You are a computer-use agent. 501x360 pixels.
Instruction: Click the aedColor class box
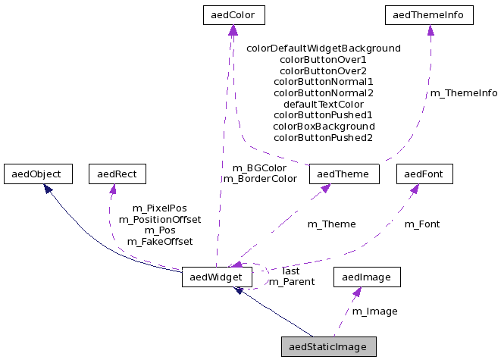[x=233, y=14]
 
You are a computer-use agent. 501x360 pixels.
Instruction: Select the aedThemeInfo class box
[x=429, y=14]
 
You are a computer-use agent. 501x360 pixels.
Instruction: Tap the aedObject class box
[x=37, y=174]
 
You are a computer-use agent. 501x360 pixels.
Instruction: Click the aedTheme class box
[x=343, y=174]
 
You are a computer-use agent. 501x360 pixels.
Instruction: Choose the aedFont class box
[x=424, y=174]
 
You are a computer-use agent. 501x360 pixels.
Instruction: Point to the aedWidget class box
[x=217, y=277]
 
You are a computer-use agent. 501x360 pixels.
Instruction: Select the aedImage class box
[x=366, y=277]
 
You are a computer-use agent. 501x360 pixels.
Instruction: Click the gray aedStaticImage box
[x=328, y=346]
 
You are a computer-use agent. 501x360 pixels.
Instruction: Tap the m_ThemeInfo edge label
[x=464, y=93]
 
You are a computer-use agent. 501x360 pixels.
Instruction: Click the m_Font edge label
[x=421, y=224]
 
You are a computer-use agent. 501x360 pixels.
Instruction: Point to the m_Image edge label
[x=374, y=311]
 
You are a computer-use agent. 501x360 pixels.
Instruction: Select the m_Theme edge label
[x=331, y=224]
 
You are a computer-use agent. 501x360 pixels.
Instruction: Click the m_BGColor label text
[x=259, y=167]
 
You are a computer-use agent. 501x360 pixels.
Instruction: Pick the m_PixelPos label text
[x=159, y=208]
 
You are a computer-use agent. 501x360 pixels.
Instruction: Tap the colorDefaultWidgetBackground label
[x=324, y=48]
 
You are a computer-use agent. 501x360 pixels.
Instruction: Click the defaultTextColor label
[x=324, y=104]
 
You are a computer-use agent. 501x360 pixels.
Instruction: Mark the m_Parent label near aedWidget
[x=287, y=282]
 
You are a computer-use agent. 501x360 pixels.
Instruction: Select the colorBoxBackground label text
[x=324, y=126]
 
